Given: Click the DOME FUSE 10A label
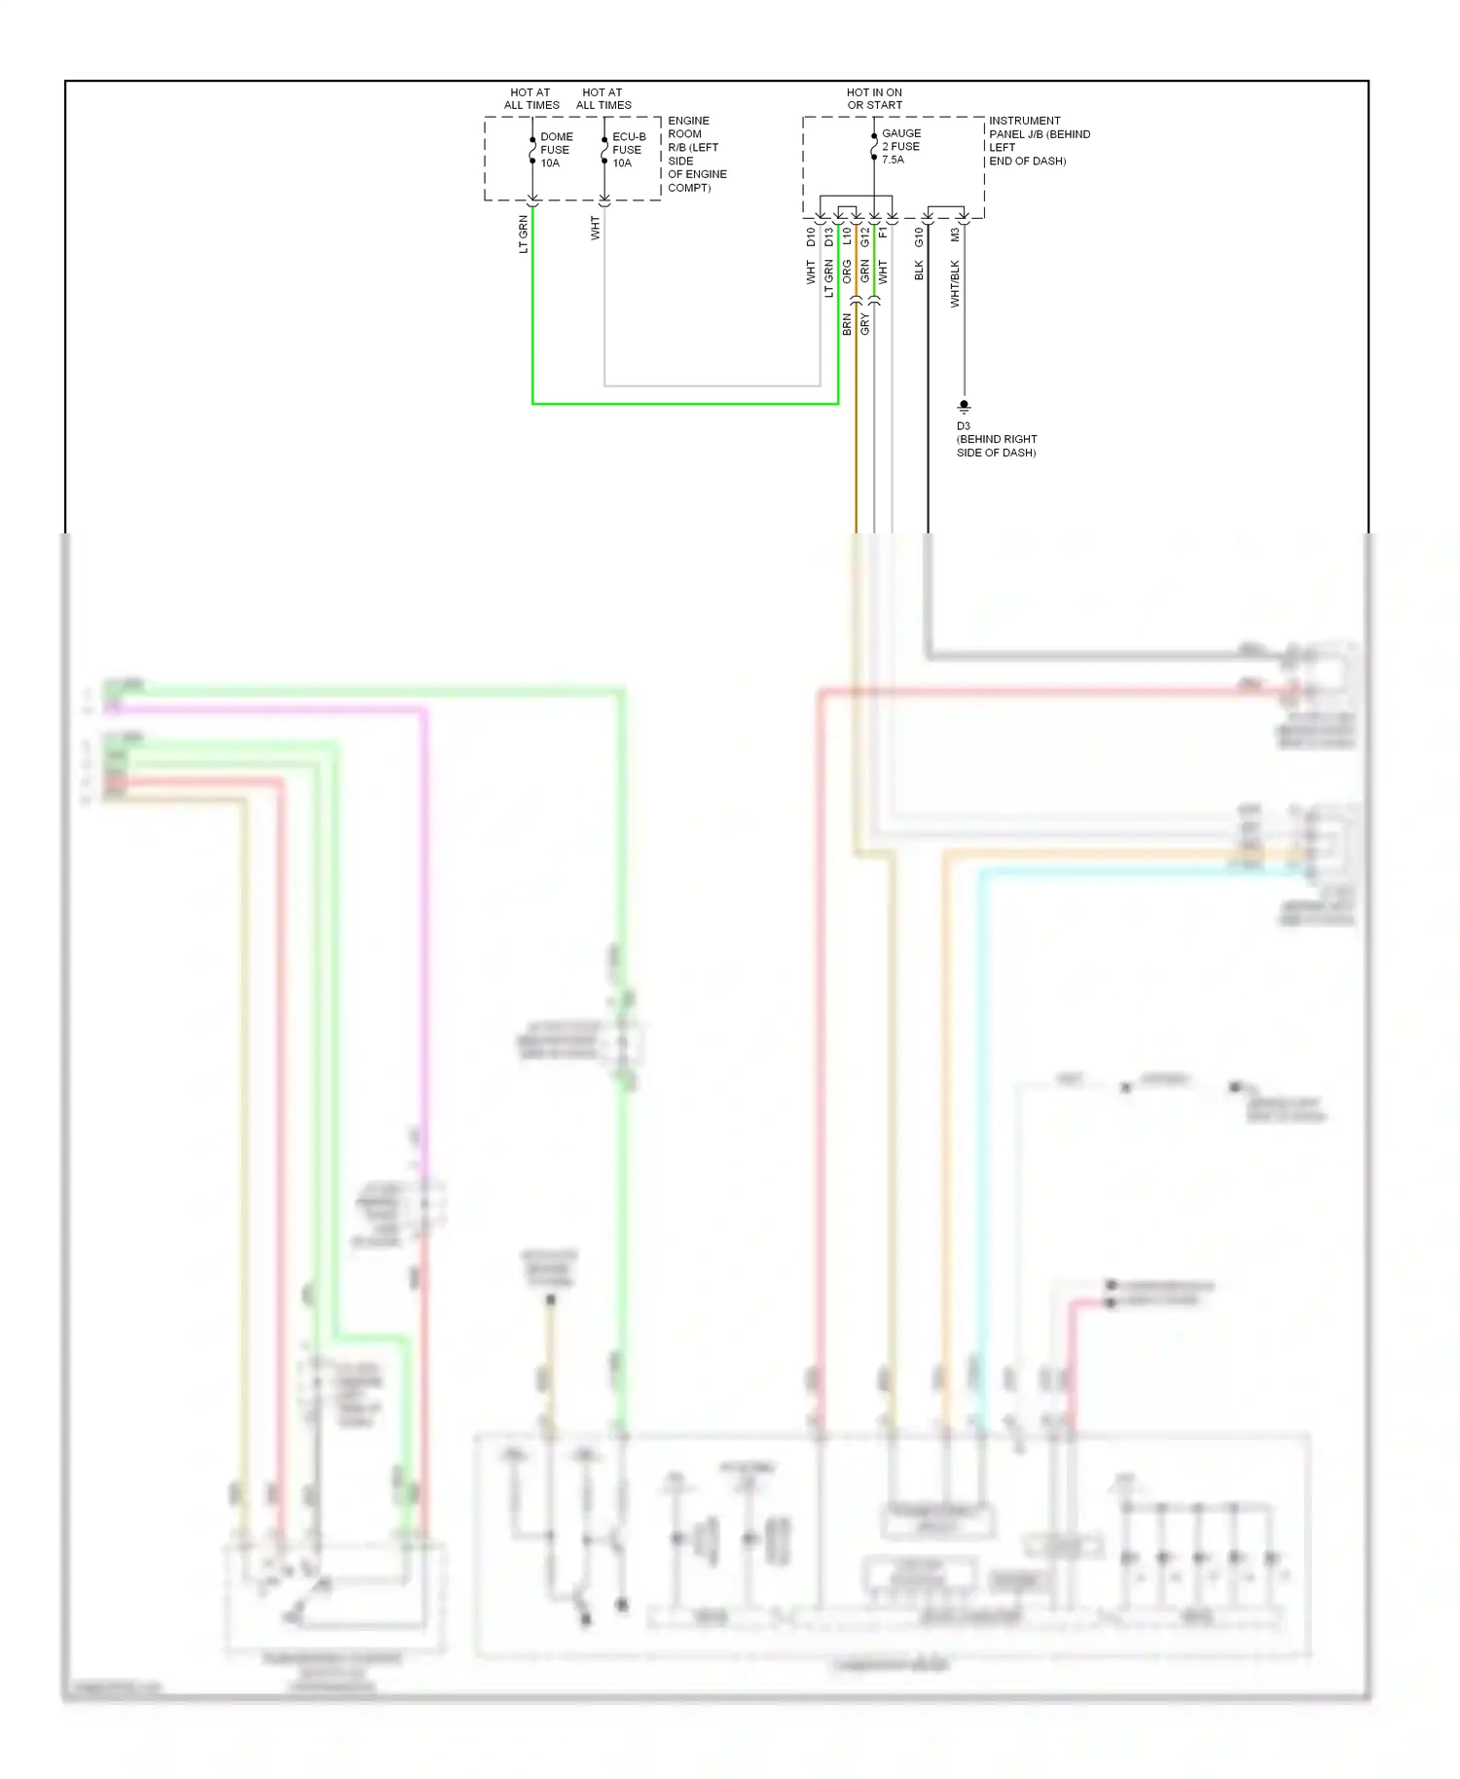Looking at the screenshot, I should click(x=556, y=150).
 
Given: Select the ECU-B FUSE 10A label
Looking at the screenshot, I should click(x=628, y=150).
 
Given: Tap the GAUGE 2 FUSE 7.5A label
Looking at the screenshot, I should click(x=900, y=146).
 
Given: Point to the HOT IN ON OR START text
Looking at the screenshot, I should click(x=874, y=98).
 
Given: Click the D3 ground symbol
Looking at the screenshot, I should click(x=964, y=406).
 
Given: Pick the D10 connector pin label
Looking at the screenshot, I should click(x=811, y=236).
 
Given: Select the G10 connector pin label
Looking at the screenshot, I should click(x=919, y=236).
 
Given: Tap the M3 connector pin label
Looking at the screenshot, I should click(x=955, y=235).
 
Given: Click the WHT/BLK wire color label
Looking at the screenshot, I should click(x=955, y=284).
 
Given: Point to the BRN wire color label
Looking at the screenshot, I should click(x=847, y=324).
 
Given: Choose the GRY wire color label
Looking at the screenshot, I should click(x=865, y=324).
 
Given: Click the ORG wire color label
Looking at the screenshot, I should click(x=847, y=272).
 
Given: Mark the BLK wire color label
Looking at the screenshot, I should click(x=919, y=270).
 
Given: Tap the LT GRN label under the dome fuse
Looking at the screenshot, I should click(x=524, y=236).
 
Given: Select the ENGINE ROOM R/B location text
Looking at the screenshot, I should click(x=696, y=154).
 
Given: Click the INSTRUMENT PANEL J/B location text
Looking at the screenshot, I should click(x=1039, y=140).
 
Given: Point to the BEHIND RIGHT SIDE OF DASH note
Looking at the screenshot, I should click(x=996, y=446).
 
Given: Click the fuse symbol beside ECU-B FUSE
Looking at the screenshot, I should click(x=604, y=151).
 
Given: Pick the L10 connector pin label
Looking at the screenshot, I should click(x=847, y=236).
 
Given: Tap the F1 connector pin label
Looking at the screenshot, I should click(x=883, y=233).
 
